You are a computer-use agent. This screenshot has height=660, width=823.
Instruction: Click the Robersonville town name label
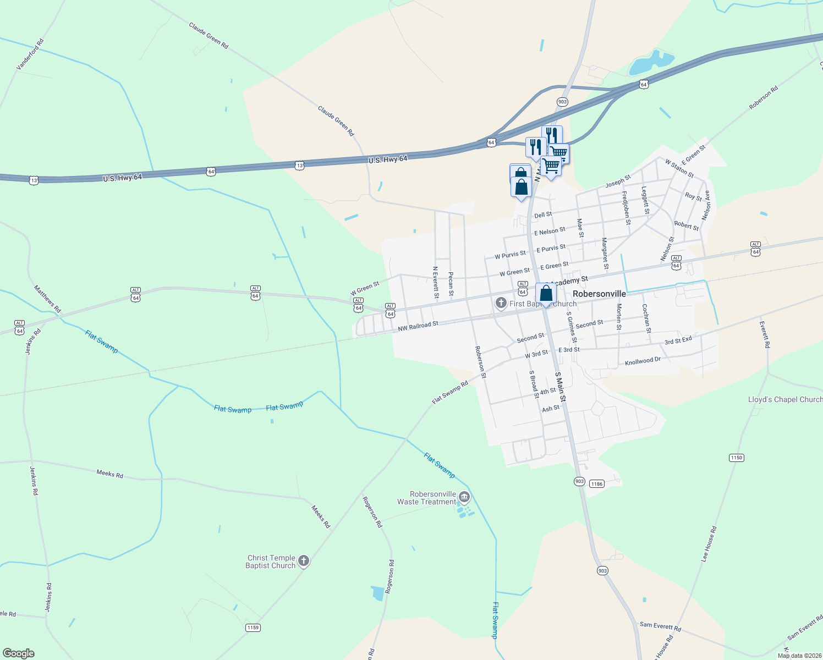[x=599, y=294]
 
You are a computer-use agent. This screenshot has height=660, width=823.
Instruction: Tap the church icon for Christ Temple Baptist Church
[x=304, y=562]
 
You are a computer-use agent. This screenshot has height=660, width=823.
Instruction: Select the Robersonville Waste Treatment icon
[x=464, y=498]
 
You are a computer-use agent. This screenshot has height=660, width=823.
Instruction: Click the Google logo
[x=18, y=653]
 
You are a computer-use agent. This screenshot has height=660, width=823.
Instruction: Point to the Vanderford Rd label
[x=30, y=54]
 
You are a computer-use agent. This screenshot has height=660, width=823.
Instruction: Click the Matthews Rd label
[x=47, y=299]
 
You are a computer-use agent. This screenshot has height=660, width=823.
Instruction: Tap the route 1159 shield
[x=253, y=628]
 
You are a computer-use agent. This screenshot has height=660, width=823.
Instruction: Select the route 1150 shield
[x=736, y=458]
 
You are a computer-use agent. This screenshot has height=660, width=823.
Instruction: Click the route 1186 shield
[x=596, y=484]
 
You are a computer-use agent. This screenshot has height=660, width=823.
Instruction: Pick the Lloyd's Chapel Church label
[x=785, y=399]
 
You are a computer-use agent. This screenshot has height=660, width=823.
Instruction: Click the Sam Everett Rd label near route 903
[x=660, y=626]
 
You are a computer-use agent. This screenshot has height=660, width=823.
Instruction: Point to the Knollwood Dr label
[x=643, y=361]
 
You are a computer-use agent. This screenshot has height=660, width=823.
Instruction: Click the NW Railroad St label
[x=418, y=327]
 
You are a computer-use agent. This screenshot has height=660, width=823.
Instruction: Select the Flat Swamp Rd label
[x=450, y=392]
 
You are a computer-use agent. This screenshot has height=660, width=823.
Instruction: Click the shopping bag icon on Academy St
[x=546, y=293]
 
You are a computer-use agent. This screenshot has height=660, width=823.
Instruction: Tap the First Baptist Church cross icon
[x=501, y=302]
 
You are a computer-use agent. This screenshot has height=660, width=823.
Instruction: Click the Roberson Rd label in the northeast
[x=764, y=98]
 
